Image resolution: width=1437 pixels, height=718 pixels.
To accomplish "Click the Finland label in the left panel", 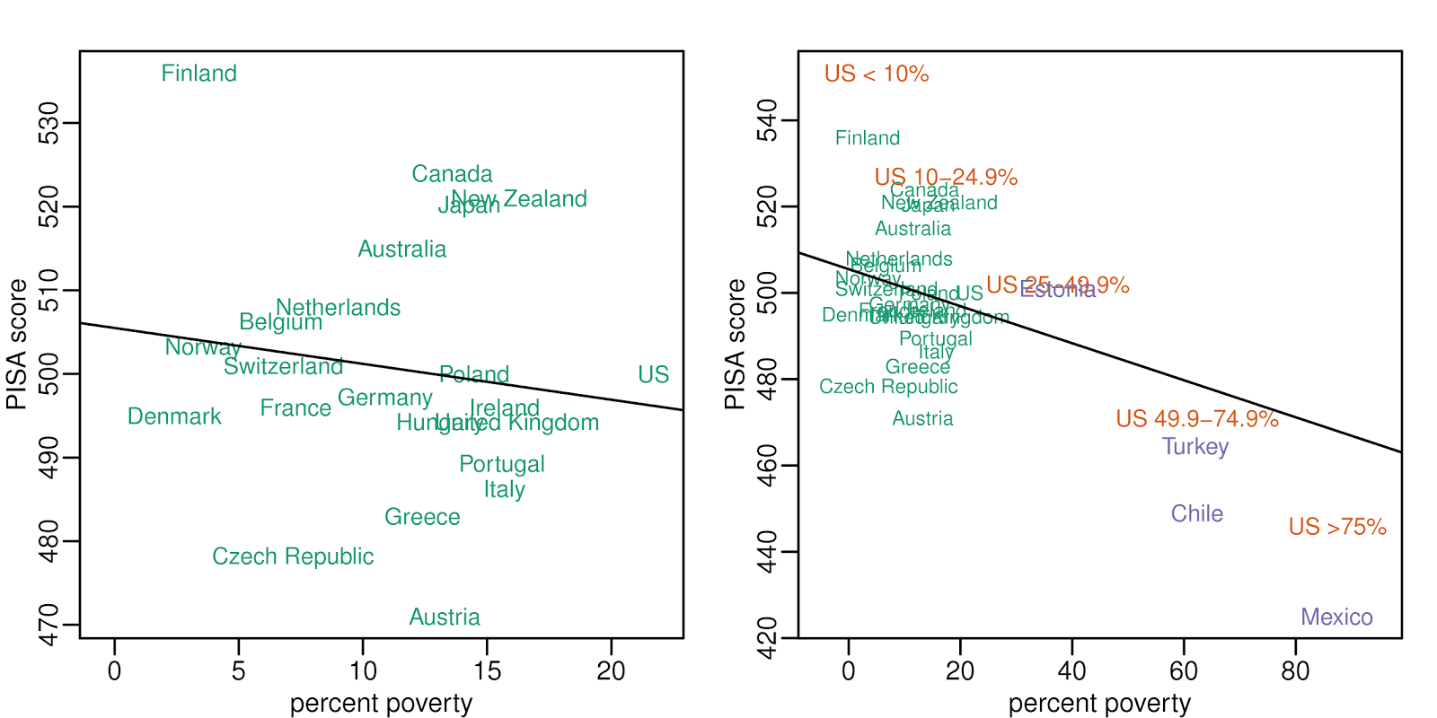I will tap(198, 74).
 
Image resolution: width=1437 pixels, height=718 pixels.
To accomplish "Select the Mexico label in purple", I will tap(1336, 617).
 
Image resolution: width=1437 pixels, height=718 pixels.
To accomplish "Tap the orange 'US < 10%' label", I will tap(877, 74).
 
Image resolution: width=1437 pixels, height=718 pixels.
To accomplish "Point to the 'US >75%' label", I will tap(1337, 527).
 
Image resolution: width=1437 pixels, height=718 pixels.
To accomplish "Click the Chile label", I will tap(1196, 514).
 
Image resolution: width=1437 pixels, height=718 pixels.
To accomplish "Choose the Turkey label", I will tap(1195, 447).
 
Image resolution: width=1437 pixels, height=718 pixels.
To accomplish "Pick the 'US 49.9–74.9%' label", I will tap(1197, 419).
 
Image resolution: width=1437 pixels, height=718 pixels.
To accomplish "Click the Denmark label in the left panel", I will tap(174, 416).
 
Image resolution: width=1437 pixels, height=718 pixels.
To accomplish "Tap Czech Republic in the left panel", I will tap(293, 556).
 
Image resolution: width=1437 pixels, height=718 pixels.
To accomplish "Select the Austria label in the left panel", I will tap(445, 617).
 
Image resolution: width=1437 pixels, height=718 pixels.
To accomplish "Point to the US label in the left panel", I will tap(653, 374).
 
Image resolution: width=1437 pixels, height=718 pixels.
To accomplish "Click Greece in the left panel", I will tap(422, 517).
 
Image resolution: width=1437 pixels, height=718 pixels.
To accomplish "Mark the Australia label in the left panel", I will tap(401, 250).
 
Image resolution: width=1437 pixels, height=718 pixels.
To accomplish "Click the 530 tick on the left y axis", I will tap(48, 123).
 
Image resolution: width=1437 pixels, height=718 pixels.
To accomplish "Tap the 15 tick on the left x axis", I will tap(487, 671).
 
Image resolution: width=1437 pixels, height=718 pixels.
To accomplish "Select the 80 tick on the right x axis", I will tap(1295, 671).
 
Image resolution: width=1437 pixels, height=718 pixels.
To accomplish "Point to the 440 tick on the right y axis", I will tap(767, 552).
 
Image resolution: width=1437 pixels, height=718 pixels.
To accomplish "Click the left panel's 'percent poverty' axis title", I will tap(381, 704).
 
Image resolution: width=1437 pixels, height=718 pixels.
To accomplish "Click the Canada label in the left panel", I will tap(452, 174).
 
